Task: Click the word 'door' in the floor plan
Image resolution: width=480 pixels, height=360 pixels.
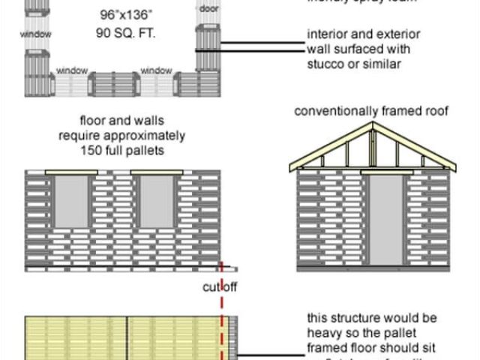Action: coord(208,8)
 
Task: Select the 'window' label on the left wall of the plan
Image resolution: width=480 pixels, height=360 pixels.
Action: coord(36,34)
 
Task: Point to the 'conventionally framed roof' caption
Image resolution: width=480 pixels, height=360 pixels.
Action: coord(371,112)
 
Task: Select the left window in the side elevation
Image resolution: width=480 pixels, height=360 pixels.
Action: coord(72,202)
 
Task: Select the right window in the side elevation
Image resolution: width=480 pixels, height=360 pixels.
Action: coord(157,202)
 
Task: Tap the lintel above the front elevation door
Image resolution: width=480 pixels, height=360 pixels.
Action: coord(385,172)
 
